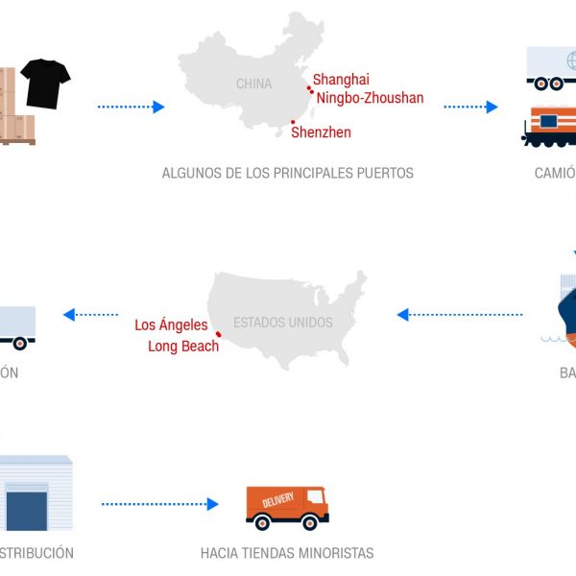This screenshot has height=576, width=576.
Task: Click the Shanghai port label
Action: pos(341,80)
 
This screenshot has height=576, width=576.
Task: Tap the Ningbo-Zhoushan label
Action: pos(370,97)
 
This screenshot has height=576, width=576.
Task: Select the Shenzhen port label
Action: pos(321,132)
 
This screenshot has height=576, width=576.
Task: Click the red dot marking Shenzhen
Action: pos(293,122)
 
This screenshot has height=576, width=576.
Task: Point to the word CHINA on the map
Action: pos(253,84)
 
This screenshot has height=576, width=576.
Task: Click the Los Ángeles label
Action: pos(171,325)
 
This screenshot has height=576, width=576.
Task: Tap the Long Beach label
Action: pos(182,346)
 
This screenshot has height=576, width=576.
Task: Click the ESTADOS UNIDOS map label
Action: pos(282,323)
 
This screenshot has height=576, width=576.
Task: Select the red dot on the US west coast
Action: pos(219,334)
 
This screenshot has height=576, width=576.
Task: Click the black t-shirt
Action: pos(46,83)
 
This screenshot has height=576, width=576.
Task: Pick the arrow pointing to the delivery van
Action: pos(159,503)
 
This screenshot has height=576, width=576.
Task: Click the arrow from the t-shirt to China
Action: pos(131,107)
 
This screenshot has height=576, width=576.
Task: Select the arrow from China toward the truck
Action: pos(470,107)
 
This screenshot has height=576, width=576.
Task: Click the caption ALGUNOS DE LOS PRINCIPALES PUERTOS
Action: pos(287,174)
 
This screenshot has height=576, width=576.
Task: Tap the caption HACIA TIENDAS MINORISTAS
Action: pos(286,553)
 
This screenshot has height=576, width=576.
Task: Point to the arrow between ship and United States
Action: pos(460,315)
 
